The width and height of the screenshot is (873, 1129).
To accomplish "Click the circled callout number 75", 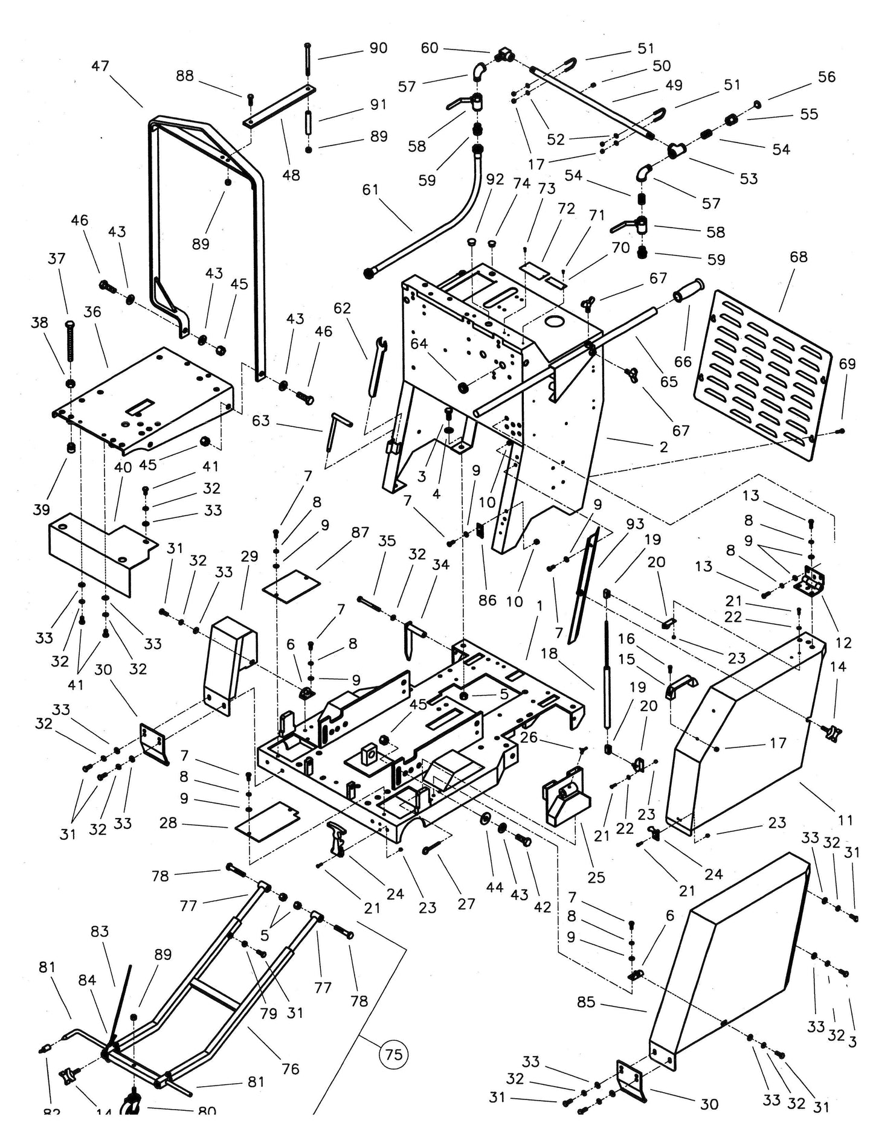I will [x=393, y=1054].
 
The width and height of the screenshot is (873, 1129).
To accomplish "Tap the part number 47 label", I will [x=100, y=65].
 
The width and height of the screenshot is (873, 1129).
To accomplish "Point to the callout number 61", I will [x=370, y=190].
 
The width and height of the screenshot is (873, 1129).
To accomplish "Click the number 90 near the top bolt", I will [x=378, y=48].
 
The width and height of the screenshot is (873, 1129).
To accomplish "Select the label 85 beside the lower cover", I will [x=586, y=1002].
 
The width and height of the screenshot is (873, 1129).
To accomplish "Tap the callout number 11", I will [x=846, y=820].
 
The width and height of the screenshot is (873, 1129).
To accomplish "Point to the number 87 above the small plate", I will [x=360, y=532].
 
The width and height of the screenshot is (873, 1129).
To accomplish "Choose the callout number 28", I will [x=168, y=823].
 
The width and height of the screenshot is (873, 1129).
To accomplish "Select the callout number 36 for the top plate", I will [x=92, y=312].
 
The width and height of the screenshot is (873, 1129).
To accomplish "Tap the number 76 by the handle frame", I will [x=290, y=1069].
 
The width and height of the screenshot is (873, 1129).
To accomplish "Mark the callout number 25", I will [x=596, y=877].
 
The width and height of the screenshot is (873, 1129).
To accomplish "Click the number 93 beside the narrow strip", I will [x=635, y=523].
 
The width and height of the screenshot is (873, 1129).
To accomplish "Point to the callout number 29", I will [x=250, y=556].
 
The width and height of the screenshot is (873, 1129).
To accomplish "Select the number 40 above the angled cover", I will [x=123, y=467].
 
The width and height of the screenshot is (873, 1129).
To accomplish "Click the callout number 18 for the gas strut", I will [x=549, y=653].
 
